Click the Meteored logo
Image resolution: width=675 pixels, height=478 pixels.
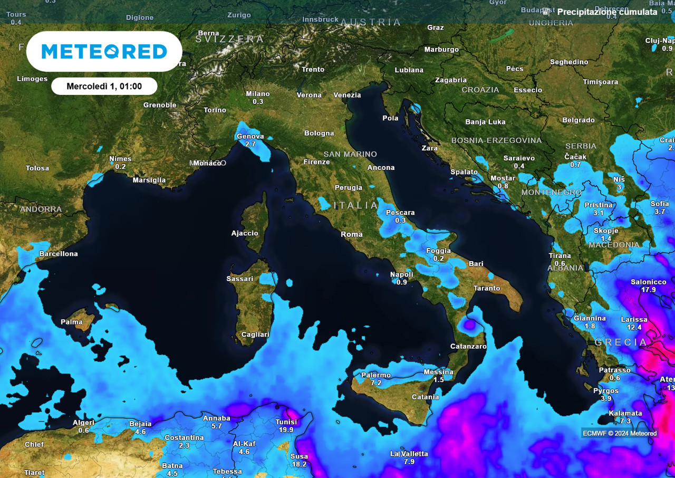coord(104,51)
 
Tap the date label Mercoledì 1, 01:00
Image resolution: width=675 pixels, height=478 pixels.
coord(104,86)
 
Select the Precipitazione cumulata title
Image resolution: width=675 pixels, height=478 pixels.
coord(607,12)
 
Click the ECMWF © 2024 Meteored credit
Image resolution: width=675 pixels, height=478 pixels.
coord(620,433)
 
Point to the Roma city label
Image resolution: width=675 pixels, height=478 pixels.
coord(352,234)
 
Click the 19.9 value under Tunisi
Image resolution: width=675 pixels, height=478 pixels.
coord(286,430)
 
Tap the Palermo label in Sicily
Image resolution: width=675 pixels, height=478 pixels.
coord(376,375)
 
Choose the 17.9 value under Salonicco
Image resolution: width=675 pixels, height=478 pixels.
coord(648,290)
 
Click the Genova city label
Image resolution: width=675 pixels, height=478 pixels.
coord(250,136)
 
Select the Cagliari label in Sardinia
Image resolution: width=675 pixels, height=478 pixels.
coord(255,334)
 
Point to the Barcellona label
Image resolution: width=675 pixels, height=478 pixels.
coord(59,254)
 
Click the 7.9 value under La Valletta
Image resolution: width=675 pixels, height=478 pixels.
coord(409,462)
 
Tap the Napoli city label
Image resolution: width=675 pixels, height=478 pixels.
coord(401,274)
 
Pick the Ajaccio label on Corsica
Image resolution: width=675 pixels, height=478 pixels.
coord(245,233)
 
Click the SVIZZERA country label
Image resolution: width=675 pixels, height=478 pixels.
coord(229,39)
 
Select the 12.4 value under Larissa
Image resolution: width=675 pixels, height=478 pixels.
coord(634,327)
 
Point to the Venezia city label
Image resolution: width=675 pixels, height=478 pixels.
coord(347,95)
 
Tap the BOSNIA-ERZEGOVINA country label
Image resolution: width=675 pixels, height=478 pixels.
coord(496,140)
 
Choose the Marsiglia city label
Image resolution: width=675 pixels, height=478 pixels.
coord(149,180)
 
